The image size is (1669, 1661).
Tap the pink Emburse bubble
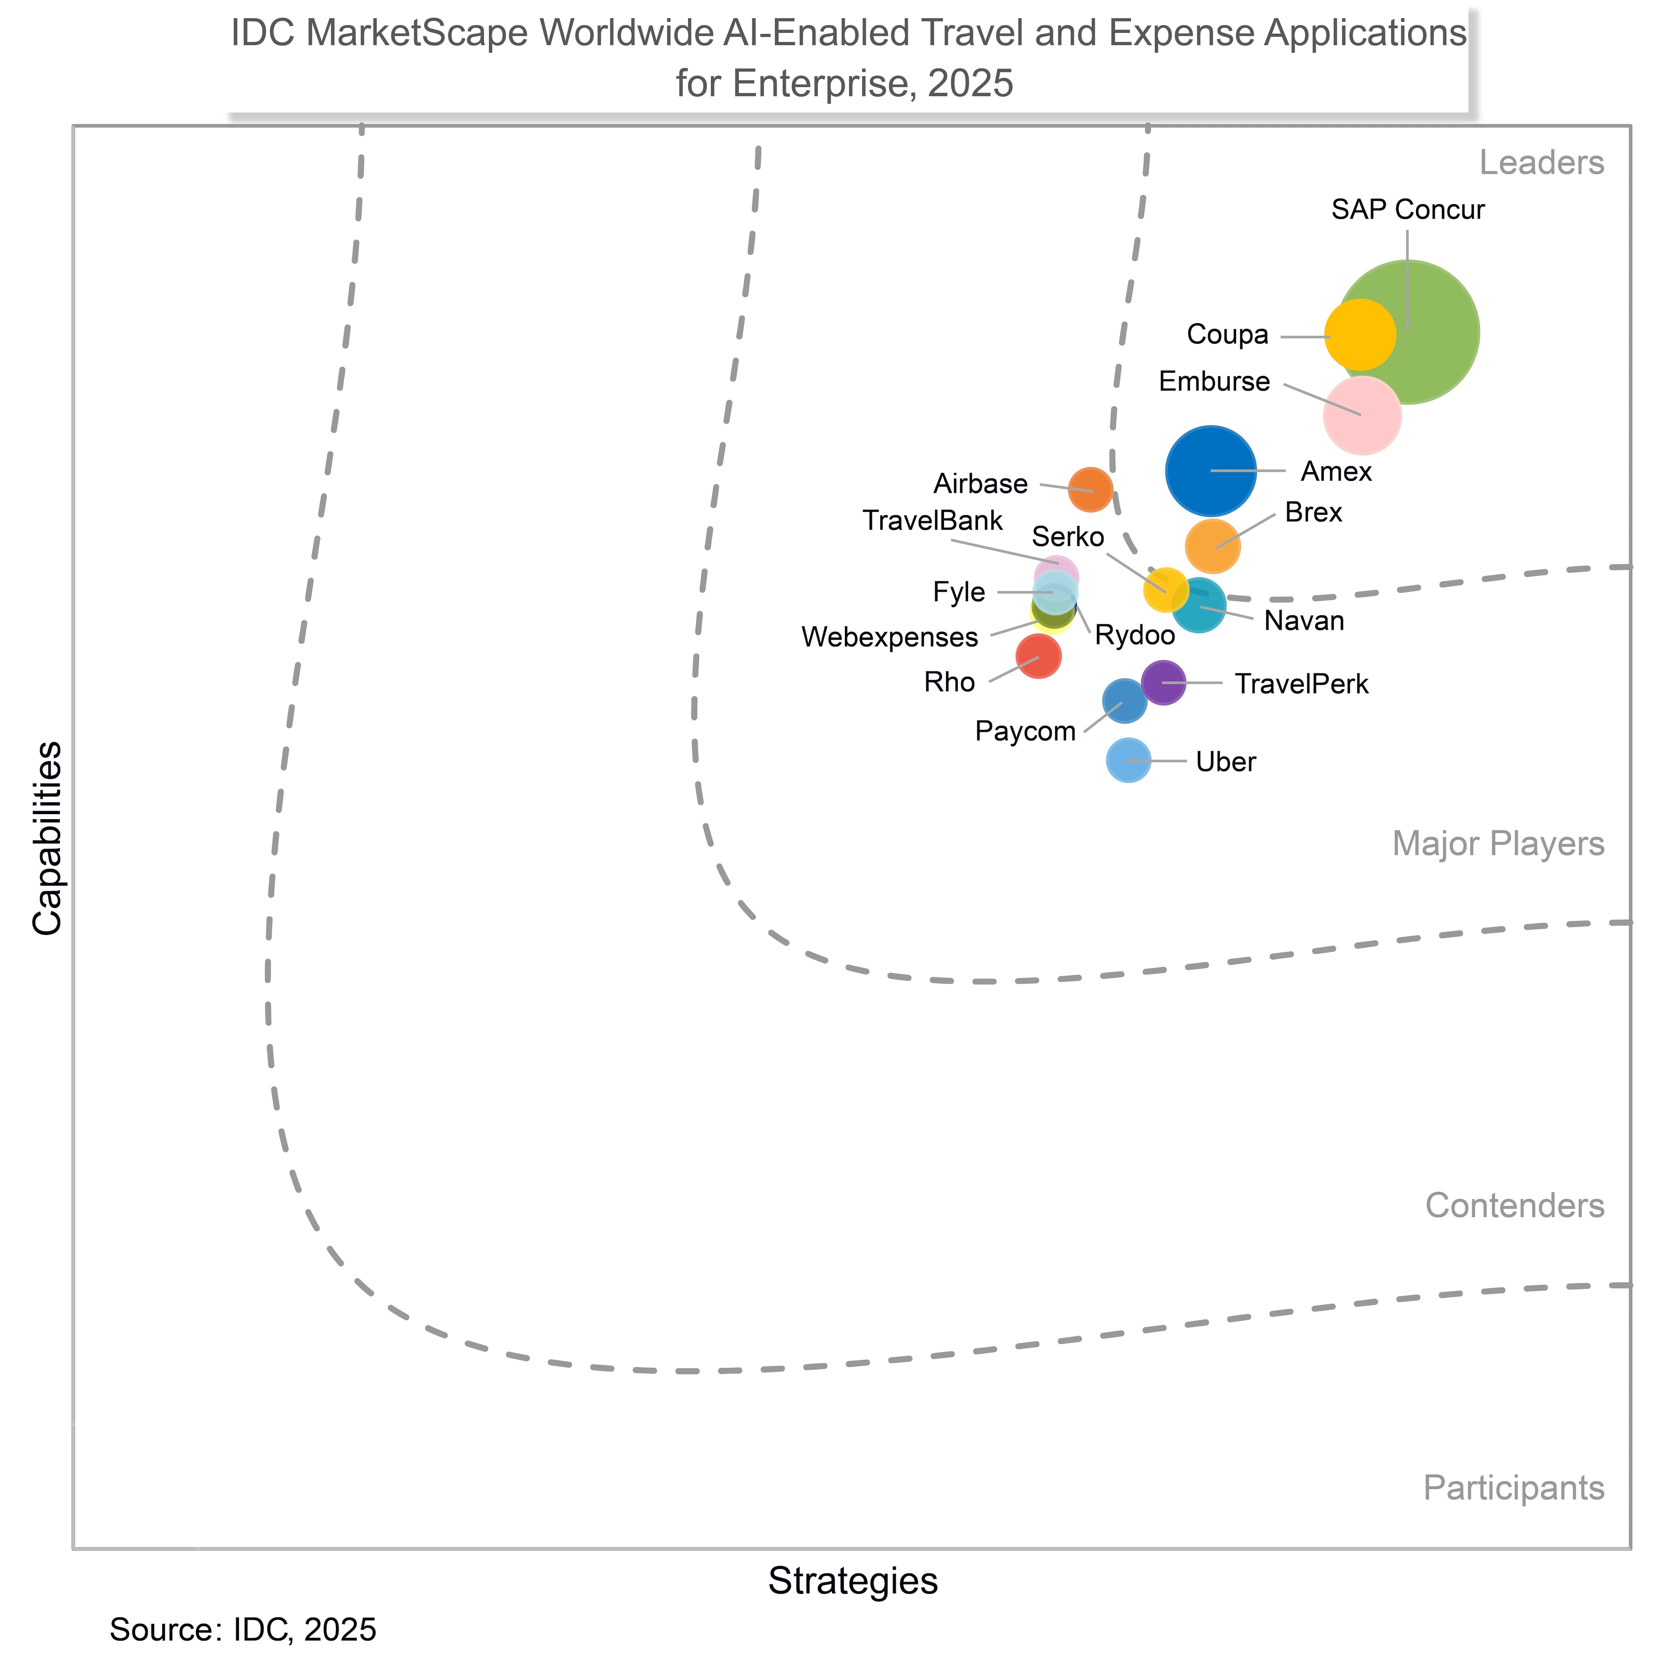[1362, 416]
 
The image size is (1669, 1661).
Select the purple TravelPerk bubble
[1164, 682]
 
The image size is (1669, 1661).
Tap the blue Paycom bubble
[1124, 701]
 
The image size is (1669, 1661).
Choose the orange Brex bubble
[1212, 546]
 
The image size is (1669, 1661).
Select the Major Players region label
[1498, 844]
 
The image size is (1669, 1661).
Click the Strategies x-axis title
[853, 1581]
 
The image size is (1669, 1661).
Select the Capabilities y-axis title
[47, 838]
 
